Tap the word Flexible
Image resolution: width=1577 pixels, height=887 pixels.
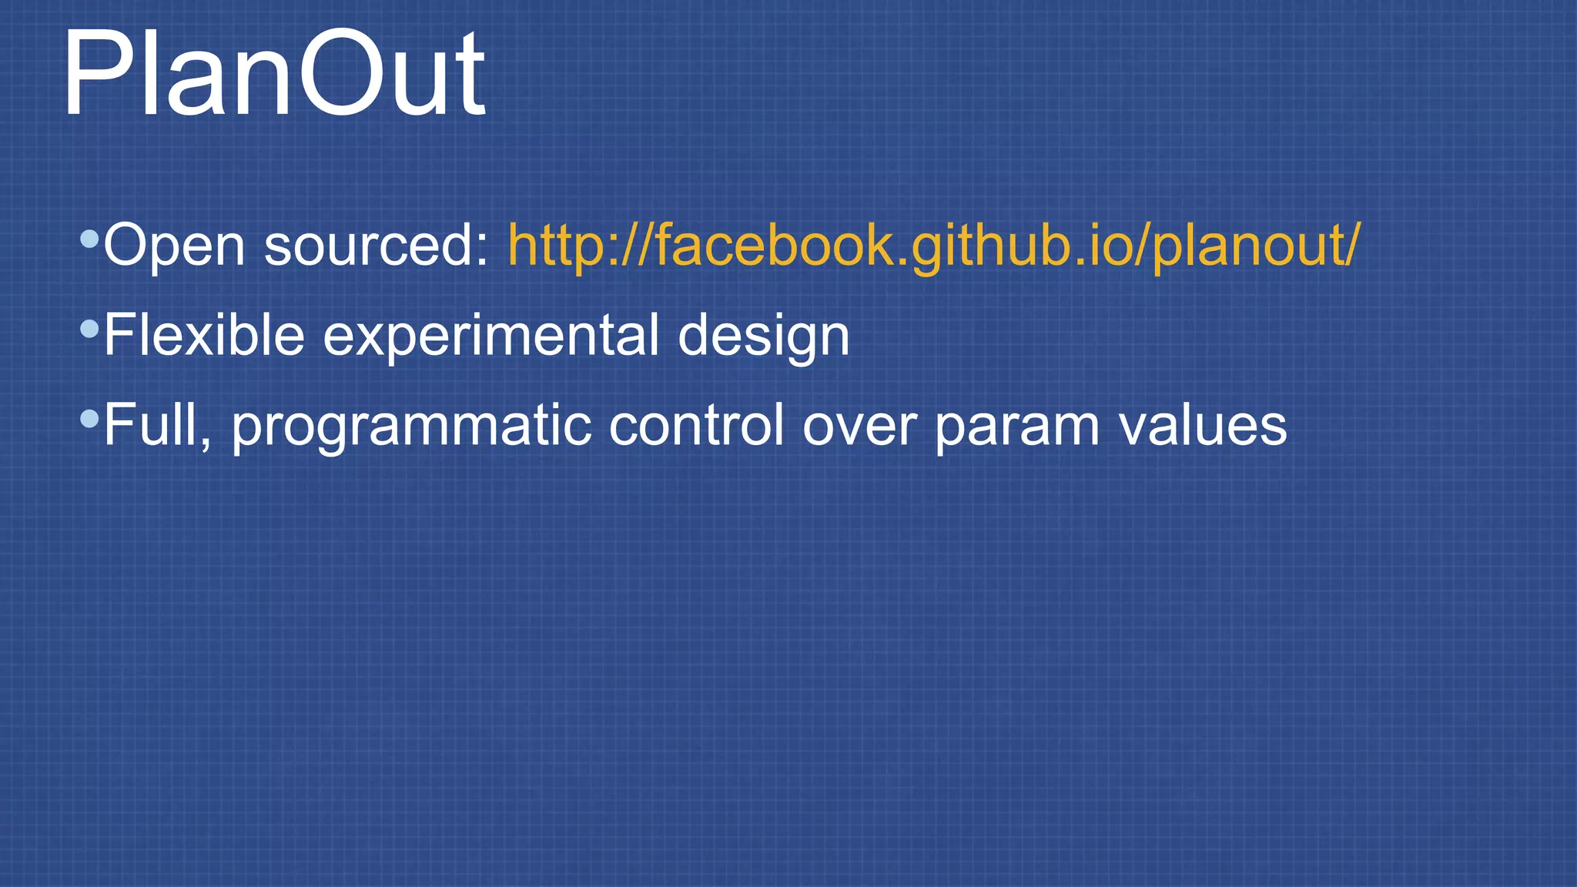pyautogui.click(x=204, y=335)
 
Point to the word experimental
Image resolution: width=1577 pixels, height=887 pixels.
pyautogui.click(x=491, y=336)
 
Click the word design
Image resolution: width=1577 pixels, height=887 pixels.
pyautogui.click(x=763, y=336)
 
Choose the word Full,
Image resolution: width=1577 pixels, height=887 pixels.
pyautogui.click(x=157, y=425)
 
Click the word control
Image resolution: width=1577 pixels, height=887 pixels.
pyautogui.click(x=696, y=425)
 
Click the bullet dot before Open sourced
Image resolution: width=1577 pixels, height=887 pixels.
pyautogui.click(x=89, y=239)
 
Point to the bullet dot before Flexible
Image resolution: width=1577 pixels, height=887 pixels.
pyautogui.click(x=89, y=330)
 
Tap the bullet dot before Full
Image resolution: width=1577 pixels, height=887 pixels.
pyautogui.click(x=89, y=420)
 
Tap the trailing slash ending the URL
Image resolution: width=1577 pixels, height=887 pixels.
pyautogui.click(x=1352, y=245)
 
